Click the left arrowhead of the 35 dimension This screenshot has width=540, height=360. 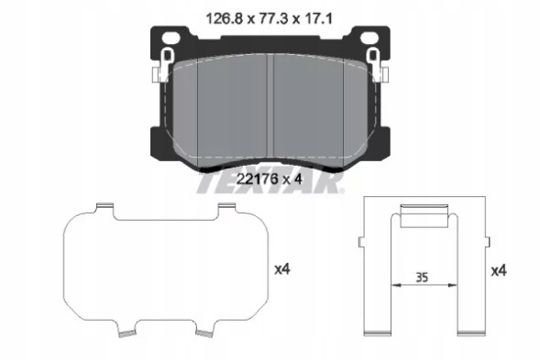point(396,285)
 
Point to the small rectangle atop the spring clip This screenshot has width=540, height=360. point(424,218)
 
